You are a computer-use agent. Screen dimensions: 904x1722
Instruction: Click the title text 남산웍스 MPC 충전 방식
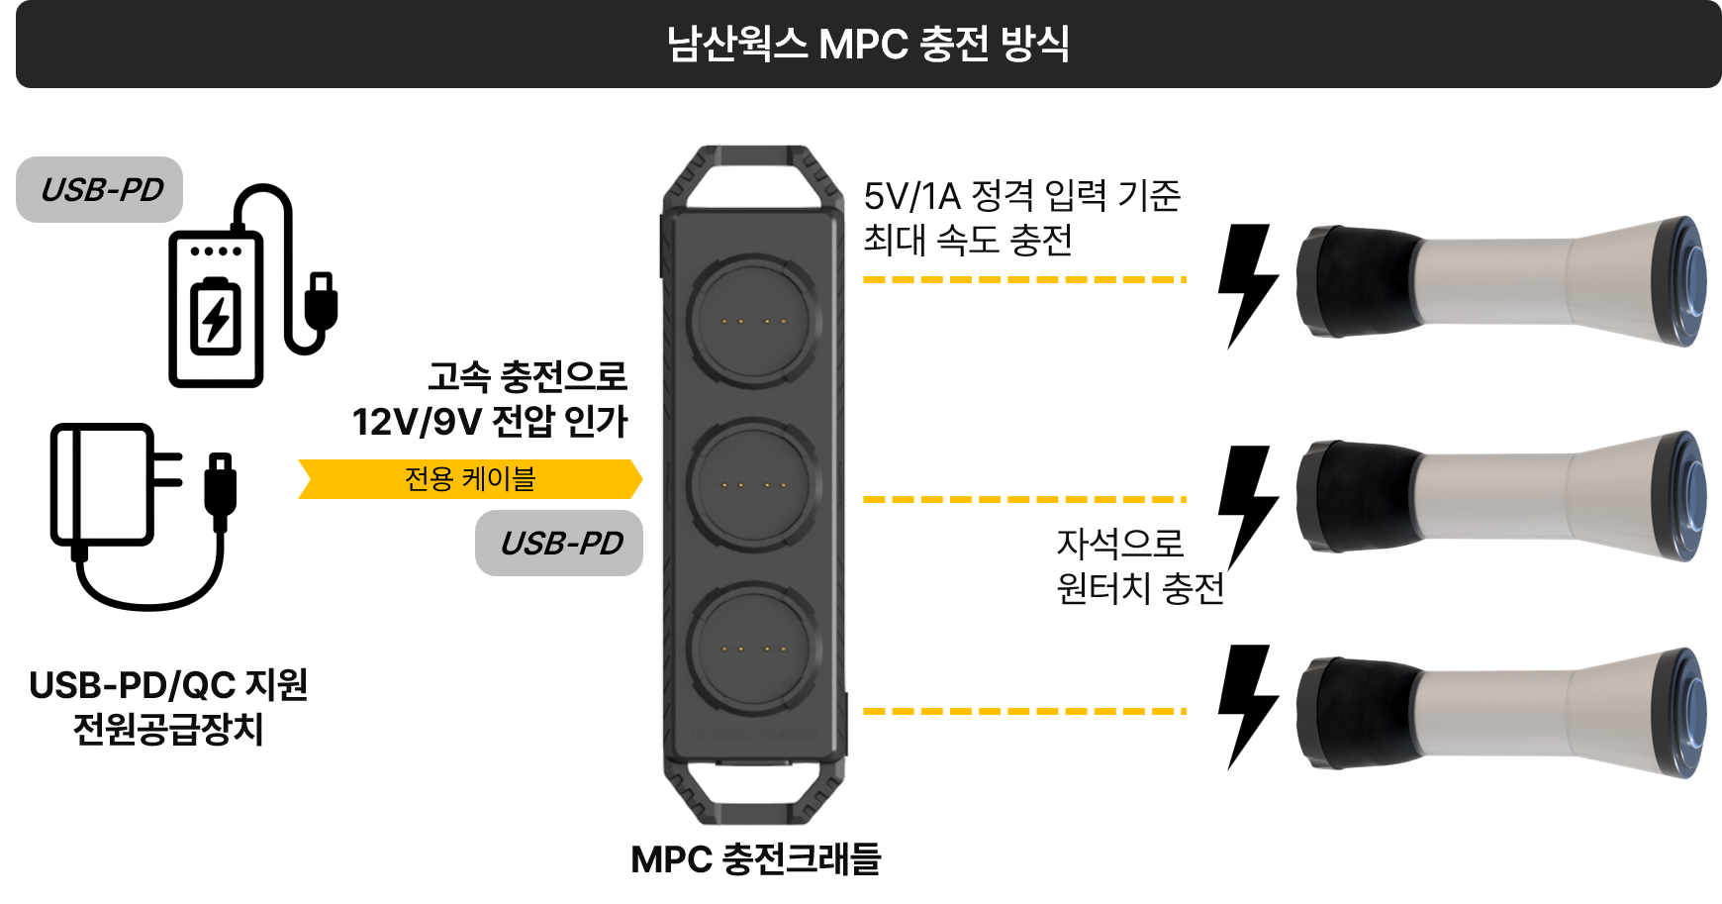click(x=868, y=45)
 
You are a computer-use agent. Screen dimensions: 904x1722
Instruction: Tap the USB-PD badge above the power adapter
click(x=100, y=189)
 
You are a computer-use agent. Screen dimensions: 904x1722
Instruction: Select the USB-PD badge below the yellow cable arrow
click(x=559, y=543)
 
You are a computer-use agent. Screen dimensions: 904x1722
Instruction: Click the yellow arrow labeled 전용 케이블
click(x=470, y=479)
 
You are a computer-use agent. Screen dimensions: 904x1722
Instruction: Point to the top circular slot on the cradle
click(x=754, y=321)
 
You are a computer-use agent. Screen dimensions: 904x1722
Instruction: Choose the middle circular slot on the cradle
click(x=754, y=484)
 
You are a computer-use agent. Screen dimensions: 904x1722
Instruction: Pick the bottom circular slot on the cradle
click(x=754, y=650)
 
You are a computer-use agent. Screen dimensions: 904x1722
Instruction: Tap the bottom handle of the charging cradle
click(x=754, y=792)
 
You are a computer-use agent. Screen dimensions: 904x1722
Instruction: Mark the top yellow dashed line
click(x=1024, y=280)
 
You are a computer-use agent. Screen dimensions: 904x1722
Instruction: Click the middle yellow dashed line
click(x=1024, y=500)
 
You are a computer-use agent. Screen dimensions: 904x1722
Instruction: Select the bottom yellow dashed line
click(x=1024, y=711)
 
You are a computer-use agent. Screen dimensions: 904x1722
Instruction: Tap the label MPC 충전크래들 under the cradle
click(x=755, y=859)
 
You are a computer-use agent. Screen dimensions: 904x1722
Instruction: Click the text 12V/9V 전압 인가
click(x=490, y=422)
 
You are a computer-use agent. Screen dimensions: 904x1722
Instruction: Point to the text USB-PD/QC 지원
click(x=168, y=685)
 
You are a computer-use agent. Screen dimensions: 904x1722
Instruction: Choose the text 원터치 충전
click(x=1140, y=589)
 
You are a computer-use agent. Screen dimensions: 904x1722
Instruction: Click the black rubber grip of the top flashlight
click(x=1361, y=281)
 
